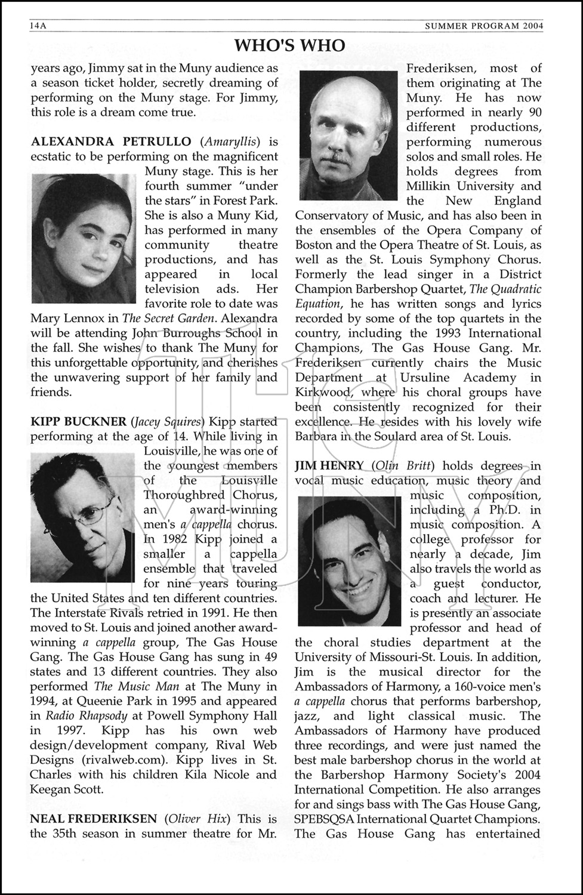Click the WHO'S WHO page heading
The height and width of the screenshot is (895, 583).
[x=289, y=45]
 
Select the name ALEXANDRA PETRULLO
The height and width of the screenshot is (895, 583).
[x=111, y=142]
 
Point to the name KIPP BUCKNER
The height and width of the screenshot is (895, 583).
[x=78, y=422]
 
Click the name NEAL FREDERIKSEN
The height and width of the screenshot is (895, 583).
[x=94, y=819]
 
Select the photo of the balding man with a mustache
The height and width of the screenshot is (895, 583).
[x=348, y=136]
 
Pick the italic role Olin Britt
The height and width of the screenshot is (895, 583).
[x=403, y=466]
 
